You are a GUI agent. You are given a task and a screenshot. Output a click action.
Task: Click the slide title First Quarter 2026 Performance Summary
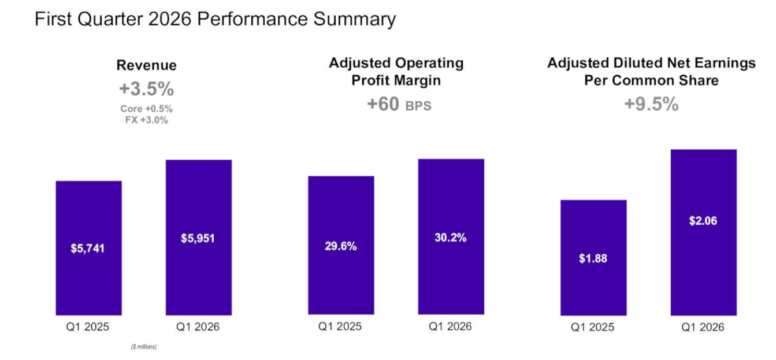[x=215, y=20]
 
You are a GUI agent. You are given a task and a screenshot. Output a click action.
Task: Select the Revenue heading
[x=147, y=65]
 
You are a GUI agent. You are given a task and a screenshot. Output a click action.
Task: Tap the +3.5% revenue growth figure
[x=147, y=89]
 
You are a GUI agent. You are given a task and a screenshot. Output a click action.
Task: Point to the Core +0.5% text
[x=147, y=109]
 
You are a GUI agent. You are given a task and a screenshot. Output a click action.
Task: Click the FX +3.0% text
[x=147, y=120]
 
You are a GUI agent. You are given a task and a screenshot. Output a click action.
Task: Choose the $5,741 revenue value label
[x=88, y=248]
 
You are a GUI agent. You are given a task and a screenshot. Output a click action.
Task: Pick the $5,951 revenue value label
[x=198, y=239]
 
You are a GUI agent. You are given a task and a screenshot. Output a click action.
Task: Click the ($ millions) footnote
[x=144, y=347]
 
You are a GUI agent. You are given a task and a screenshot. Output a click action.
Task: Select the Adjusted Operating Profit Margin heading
[x=396, y=72]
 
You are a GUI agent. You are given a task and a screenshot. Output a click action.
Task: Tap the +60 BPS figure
[x=399, y=104]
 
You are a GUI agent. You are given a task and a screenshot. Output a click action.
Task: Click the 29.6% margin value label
[x=340, y=246]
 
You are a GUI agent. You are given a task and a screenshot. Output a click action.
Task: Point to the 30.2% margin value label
[x=451, y=237]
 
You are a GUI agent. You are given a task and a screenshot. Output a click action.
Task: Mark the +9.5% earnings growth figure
[x=651, y=104]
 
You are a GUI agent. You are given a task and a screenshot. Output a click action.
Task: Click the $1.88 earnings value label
[x=593, y=258]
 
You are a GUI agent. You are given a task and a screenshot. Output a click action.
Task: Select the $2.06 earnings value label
[x=703, y=221]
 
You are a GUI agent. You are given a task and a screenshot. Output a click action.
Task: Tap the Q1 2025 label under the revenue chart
[x=88, y=326]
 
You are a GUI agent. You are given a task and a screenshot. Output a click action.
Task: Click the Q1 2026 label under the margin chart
[x=450, y=326]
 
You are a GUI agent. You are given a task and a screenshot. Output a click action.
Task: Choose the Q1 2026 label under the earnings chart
[x=703, y=327]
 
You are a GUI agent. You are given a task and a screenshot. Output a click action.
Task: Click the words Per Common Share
[x=651, y=80]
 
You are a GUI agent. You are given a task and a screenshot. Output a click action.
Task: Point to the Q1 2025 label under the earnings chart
[x=592, y=327]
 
